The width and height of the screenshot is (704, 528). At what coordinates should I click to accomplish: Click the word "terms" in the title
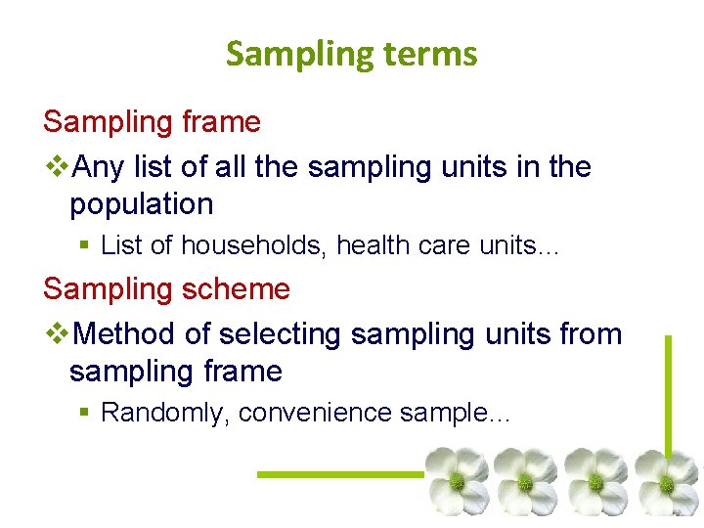pyautogui.click(x=429, y=54)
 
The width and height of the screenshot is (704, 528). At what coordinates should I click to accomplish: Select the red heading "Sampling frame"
pyautogui.click(x=152, y=122)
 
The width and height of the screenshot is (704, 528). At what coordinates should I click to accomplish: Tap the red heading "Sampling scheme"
pyautogui.click(x=166, y=289)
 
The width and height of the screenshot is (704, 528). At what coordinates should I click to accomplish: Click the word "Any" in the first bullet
pyautogui.click(x=99, y=167)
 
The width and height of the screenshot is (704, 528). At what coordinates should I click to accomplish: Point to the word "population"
pyautogui.click(x=141, y=204)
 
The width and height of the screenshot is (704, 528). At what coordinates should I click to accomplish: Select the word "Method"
pyautogui.click(x=125, y=334)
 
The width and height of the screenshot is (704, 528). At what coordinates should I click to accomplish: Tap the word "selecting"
pyautogui.click(x=281, y=334)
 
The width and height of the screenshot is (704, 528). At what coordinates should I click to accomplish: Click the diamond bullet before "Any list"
pyautogui.click(x=57, y=168)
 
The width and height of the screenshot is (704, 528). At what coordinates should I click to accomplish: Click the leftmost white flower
pyautogui.click(x=457, y=481)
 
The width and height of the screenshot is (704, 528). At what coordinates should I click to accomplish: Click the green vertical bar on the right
pyautogui.click(x=668, y=391)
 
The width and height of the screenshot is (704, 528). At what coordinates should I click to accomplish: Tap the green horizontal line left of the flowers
pyautogui.click(x=337, y=474)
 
